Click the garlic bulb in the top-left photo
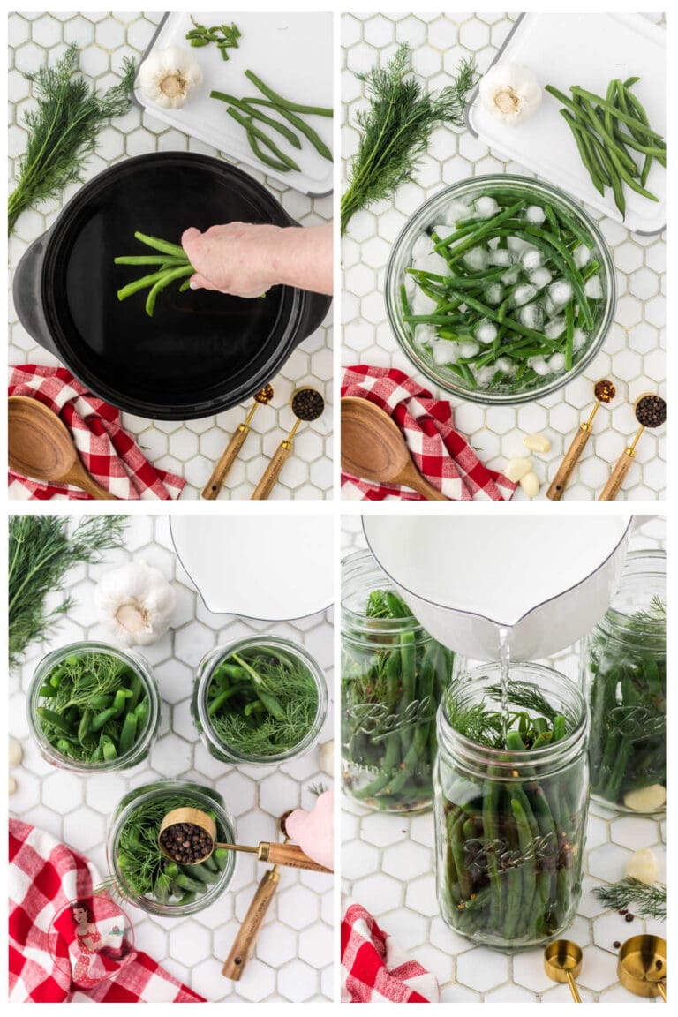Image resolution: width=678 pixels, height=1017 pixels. [170, 76]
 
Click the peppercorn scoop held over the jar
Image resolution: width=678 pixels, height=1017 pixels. [186, 836]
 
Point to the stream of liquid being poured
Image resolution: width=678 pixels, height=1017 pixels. [504, 680]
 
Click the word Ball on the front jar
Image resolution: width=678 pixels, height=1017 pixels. [511, 851]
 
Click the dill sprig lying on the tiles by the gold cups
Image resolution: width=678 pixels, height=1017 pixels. [631, 897]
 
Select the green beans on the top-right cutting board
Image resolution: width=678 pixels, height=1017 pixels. [609, 136]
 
